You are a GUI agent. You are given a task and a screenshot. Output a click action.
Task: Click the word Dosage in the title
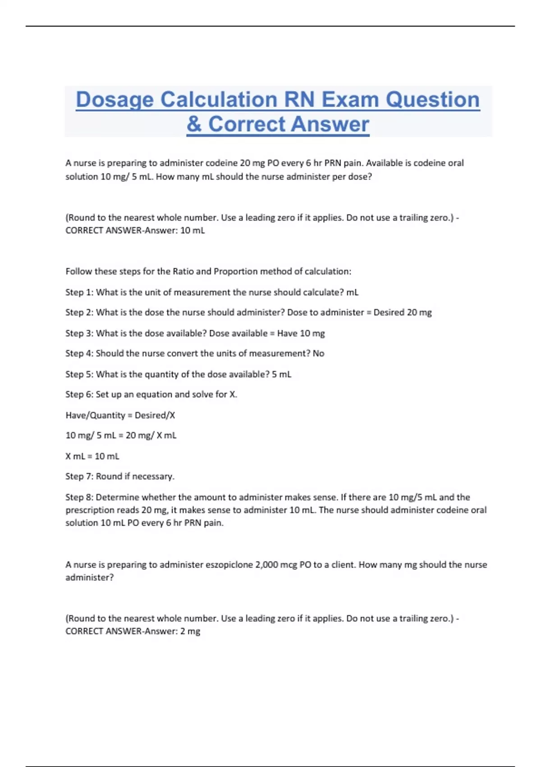(115, 100)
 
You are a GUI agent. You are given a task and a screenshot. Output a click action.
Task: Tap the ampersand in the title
(194, 124)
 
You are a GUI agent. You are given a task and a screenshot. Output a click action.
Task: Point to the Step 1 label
(79, 292)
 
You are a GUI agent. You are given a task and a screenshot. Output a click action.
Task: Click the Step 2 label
(79, 312)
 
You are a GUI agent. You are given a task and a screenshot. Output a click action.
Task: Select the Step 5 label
(79, 374)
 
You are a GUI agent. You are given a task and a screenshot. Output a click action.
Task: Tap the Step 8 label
(79, 497)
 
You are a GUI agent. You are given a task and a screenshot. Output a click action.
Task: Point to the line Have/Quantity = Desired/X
(120, 415)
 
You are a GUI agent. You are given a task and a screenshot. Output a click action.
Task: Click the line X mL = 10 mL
(92, 456)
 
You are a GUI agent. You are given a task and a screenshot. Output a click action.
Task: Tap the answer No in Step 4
(318, 353)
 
